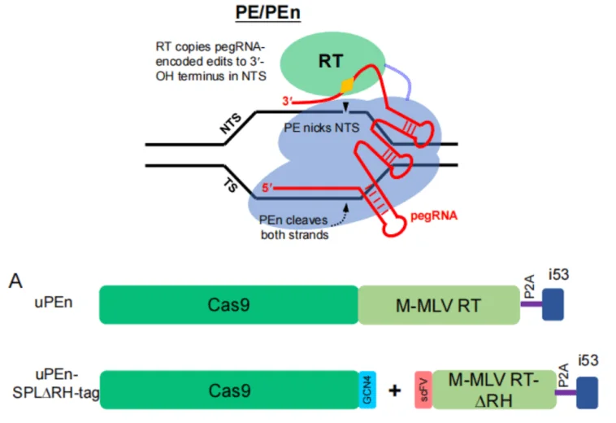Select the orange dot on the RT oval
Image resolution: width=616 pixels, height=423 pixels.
point(348,84)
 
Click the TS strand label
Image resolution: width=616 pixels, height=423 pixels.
point(230,184)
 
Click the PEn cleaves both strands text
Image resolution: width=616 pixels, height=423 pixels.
point(294,228)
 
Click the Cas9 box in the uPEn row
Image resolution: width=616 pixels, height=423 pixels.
point(228,304)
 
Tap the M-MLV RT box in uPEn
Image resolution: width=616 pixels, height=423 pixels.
point(439,304)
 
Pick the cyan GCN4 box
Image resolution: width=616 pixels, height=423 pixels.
point(367,388)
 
